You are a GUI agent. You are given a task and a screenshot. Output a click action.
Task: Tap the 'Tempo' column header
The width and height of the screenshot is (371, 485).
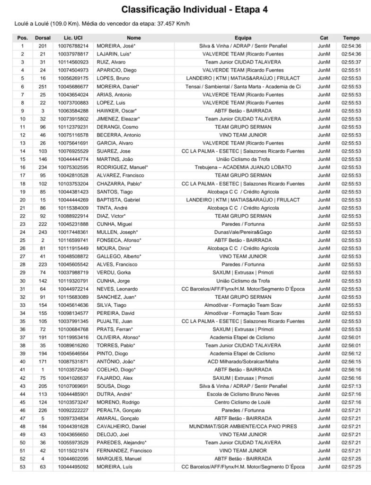pos(351,37)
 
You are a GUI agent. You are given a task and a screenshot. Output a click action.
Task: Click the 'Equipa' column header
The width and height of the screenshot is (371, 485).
pos(243,37)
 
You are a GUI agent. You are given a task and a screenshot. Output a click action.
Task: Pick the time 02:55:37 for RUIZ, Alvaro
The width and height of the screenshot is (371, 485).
pos(351,62)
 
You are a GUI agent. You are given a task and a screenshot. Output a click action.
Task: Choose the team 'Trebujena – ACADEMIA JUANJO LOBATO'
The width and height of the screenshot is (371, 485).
pos(243,167)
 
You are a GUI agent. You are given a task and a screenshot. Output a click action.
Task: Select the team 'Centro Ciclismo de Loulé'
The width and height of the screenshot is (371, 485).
pos(243,403)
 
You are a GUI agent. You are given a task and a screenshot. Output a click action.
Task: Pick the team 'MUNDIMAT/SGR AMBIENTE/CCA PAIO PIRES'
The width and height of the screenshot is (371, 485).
pos(243,427)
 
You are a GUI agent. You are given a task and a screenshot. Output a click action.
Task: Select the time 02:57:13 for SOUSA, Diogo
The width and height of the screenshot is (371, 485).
pos(351,386)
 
